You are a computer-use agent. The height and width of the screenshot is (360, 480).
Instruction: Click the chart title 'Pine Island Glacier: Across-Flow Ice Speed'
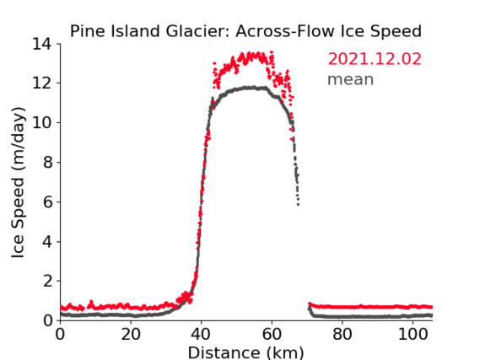(x=245, y=31)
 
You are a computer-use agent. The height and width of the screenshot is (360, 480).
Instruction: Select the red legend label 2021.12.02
(x=375, y=59)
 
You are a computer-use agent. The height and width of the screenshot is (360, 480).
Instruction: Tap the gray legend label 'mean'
(x=351, y=79)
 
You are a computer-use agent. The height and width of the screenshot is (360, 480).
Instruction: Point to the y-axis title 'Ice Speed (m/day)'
(x=18, y=182)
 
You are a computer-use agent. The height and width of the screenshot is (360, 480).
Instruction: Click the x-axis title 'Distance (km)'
(x=245, y=352)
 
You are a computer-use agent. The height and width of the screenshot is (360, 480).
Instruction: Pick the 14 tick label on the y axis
(x=42, y=44)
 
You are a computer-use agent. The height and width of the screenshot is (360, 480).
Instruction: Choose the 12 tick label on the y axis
(x=42, y=83)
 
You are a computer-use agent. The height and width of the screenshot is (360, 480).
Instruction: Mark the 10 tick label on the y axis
(x=42, y=122)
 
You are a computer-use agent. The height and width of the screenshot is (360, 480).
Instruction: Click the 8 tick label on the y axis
(x=47, y=162)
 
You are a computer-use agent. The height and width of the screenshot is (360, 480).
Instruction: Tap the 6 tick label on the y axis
(x=47, y=201)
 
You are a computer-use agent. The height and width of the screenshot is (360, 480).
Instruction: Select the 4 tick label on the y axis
(x=47, y=242)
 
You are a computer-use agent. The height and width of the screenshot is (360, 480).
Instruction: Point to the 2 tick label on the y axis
(x=47, y=281)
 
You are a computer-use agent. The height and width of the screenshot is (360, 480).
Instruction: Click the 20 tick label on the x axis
(x=131, y=334)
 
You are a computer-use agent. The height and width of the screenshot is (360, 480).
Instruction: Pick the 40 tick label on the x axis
(x=201, y=334)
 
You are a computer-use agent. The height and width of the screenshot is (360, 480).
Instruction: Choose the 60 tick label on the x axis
(x=272, y=334)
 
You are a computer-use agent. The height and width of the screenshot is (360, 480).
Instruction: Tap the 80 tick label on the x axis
(x=342, y=334)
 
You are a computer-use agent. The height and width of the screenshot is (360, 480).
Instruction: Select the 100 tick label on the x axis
(x=413, y=334)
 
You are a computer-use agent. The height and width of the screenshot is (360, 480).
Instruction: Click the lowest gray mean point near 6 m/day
(x=298, y=204)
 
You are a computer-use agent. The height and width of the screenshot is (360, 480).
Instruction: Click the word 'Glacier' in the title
(x=198, y=31)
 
